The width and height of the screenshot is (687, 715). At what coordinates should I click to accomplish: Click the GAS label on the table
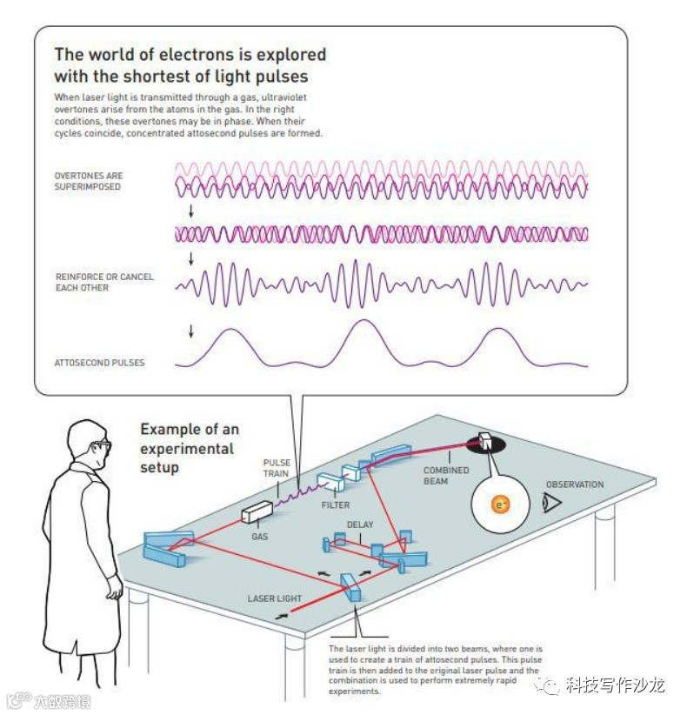coord(259,537)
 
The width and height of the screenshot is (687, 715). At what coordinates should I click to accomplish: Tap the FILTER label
coord(336,505)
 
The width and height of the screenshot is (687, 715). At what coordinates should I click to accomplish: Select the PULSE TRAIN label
coord(277,468)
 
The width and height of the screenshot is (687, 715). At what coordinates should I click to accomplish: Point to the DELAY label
coord(360,525)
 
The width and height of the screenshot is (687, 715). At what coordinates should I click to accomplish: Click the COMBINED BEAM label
coord(446,476)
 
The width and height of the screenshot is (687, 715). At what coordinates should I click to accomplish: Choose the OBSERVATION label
coord(574,484)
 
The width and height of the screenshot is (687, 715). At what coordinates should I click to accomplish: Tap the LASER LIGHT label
coord(274,598)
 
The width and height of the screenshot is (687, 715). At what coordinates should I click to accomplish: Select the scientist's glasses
coord(103,445)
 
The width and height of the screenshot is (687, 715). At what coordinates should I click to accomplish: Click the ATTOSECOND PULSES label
coord(99,363)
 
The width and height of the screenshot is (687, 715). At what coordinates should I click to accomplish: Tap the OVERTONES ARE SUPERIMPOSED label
coord(87,181)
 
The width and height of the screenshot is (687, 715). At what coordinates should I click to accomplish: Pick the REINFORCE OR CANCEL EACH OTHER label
coord(103,282)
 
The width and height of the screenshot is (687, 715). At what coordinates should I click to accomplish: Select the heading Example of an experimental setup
coord(189,448)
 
